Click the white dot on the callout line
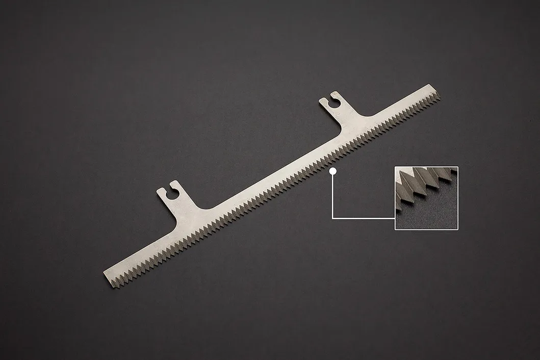[333, 171]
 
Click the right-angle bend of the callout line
[333, 218]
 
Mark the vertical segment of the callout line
[333, 196]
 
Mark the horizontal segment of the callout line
[363, 218]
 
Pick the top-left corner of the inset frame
[395, 167]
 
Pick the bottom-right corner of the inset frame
[458, 230]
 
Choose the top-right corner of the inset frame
[458, 167]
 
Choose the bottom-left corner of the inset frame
[395, 230]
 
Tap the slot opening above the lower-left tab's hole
[169, 190]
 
